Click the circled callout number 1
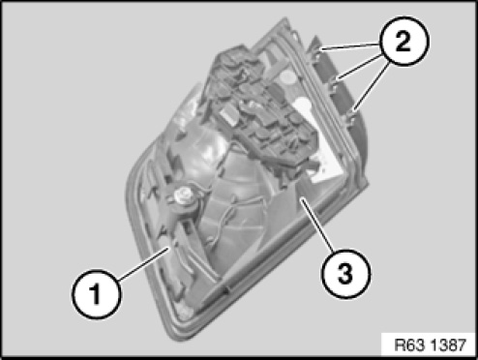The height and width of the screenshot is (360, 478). tap(96, 295)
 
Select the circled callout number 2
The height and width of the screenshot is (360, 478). tap(403, 41)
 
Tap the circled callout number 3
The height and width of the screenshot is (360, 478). tap(345, 274)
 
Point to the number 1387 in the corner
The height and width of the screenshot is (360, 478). tap(448, 345)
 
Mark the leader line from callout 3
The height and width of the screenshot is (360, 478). tap(316, 225)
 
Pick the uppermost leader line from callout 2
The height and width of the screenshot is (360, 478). tap(350, 46)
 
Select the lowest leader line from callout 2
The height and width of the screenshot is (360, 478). tap(372, 88)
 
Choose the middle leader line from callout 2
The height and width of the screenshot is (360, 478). tap(360, 67)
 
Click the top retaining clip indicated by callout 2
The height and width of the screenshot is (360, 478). tap(315, 50)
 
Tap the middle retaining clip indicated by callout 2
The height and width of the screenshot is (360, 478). tap(333, 82)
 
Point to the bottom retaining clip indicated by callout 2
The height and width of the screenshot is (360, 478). tap(350, 115)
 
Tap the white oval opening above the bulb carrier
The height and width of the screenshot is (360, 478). tap(286, 77)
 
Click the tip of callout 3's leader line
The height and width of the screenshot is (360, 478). tap(301, 199)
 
